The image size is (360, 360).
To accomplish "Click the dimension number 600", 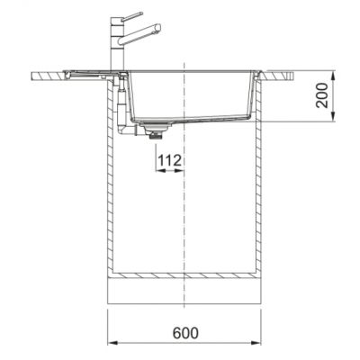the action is [185, 333].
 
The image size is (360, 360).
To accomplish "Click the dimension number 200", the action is [322, 95].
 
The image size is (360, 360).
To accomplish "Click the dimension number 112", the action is [170, 161].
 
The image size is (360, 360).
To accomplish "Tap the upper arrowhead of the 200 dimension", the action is [333, 76].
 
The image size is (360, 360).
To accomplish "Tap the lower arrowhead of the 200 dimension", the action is [333, 117].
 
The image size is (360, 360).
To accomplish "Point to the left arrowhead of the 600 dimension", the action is [112, 343].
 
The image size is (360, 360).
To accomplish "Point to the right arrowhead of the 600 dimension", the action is [256, 343].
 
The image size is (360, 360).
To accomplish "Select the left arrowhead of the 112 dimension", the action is [160, 170].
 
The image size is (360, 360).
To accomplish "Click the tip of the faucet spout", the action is [158, 27].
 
